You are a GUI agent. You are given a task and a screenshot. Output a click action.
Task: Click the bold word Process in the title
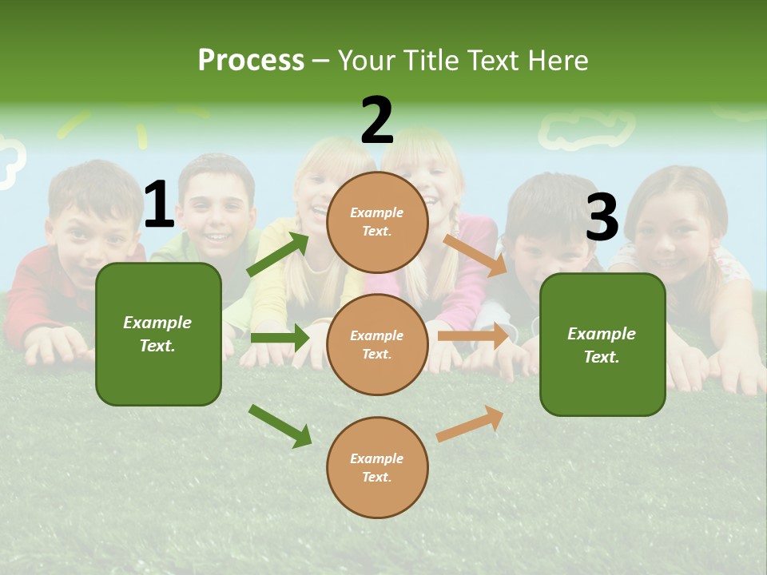pyautogui.click(x=251, y=61)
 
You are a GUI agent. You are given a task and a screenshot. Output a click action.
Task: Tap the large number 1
pyautogui.click(x=159, y=205)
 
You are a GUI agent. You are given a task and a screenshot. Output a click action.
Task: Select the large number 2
pyautogui.click(x=377, y=121)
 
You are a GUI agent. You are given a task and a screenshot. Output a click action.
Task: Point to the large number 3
pyautogui.click(x=602, y=217)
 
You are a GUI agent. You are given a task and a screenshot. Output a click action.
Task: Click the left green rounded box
pyautogui.click(x=158, y=334)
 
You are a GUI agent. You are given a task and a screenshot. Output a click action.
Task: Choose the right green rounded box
pyautogui.click(x=602, y=344)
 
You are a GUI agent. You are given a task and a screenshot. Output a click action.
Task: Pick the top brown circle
pyautogui.click(x=377, y=222)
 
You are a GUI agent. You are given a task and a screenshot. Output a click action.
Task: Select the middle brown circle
pyautogui.click(x=377, y=344)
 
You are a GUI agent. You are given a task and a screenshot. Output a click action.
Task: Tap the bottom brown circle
pyautogui.click(x=377, y=467)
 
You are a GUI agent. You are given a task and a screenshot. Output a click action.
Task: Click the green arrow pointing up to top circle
pyautogui.click(x=277, y=255)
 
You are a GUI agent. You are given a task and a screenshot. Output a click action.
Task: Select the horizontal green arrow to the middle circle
pyautogui.click(x=280, y=338)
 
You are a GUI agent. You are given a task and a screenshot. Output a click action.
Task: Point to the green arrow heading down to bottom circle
pyautogui.click(x=280, y=426)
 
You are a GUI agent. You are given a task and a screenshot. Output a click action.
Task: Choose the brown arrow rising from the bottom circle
pyautogui.click(x=470, y=423)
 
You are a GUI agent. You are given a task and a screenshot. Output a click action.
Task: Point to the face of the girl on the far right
pyautogui.click(x=679, y=228)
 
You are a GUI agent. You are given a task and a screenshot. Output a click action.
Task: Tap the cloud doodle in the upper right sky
pyautogui.click(x=587, y=129)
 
